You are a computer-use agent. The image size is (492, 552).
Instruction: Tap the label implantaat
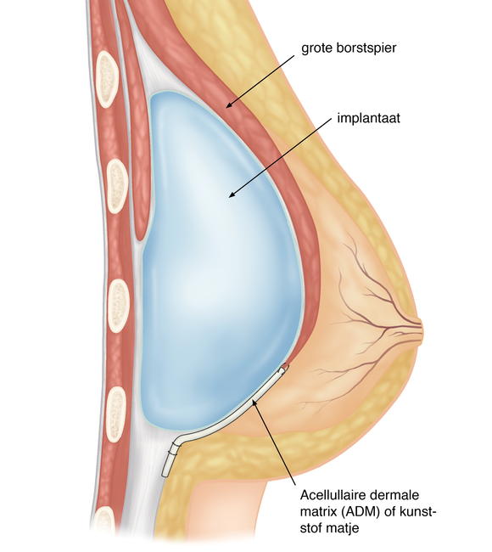click(x=368, y=118)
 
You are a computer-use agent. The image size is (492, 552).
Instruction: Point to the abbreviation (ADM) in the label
click(x=361, y=511)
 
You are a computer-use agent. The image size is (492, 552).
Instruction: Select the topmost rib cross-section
click(x=107, y=79)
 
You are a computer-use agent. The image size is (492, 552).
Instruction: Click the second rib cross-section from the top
click(x=117, y=186)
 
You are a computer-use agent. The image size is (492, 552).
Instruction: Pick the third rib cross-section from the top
click(x=119, y=306)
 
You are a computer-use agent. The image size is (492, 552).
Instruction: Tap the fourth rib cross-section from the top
click(x=116, y=414)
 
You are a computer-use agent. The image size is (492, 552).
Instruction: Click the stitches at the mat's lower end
click(x=174, y=449)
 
